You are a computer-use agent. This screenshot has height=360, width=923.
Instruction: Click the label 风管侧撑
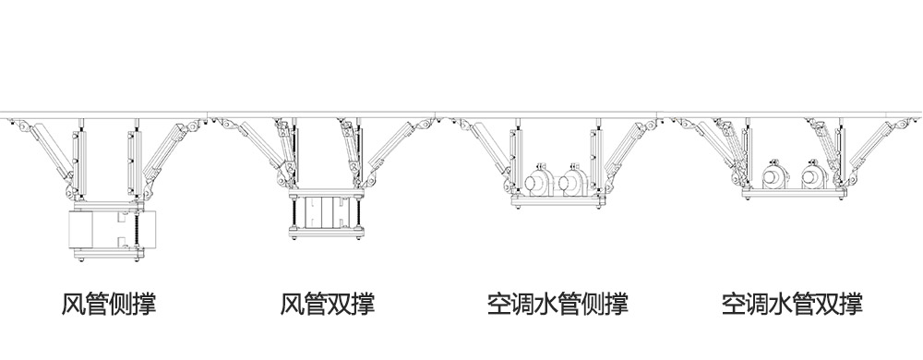click(109, 304)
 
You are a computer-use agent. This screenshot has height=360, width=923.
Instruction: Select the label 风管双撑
click(329, 304)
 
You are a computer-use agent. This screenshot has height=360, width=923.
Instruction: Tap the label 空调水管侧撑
click(558, 304)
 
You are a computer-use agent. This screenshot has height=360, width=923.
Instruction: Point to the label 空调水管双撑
click(793, 304)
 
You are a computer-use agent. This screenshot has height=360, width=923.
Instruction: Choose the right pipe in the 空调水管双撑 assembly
click(813, 176)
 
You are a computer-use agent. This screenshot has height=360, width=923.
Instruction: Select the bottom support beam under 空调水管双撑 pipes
click(793, 195)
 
